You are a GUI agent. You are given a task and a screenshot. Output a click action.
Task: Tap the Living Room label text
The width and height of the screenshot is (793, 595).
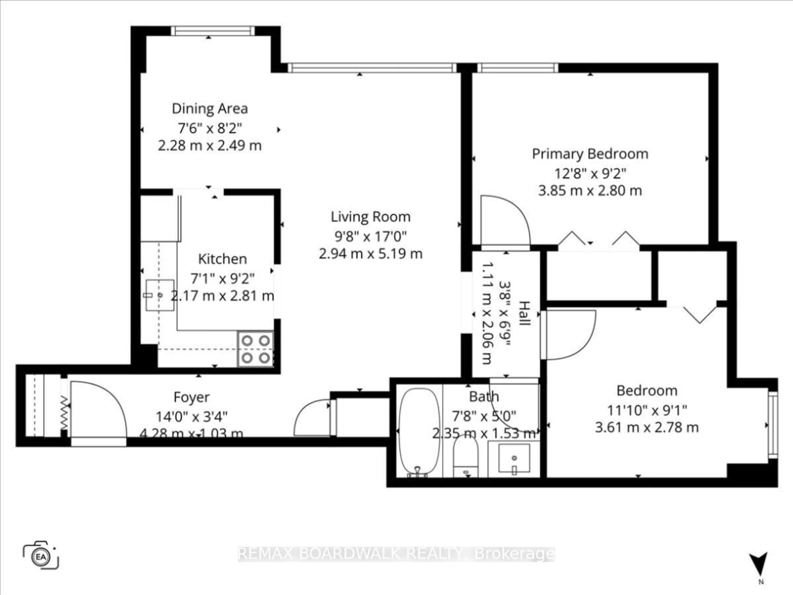point(370,217)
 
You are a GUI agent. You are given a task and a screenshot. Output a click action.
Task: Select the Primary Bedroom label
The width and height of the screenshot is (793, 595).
point(590,154)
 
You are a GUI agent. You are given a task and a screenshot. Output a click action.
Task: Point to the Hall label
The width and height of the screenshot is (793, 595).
point(524,313)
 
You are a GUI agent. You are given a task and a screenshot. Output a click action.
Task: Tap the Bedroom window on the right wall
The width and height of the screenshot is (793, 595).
point(773,425)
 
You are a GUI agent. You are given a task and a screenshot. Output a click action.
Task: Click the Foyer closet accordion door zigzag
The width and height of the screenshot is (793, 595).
point(64,412)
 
